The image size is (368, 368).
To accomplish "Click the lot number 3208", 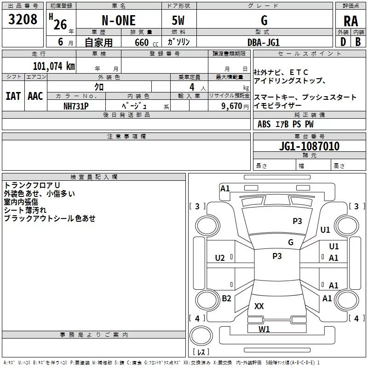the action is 23,19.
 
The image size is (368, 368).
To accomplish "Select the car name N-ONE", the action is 118,21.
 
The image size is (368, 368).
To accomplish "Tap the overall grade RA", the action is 351,21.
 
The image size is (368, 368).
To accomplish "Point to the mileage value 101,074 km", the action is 54,66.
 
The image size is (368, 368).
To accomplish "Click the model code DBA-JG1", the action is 264,42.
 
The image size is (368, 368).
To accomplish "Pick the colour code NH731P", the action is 76,106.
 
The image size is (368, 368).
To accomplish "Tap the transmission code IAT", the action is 13,96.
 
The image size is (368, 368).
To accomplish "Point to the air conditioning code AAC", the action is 35,96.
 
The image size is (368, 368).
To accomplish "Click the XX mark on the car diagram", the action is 259,306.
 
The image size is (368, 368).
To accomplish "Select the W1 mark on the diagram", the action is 264,329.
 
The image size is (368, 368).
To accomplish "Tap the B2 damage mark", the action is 226,299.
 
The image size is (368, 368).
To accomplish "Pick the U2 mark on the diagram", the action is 220,258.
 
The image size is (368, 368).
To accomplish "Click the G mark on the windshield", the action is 290,242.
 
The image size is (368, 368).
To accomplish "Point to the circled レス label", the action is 201,352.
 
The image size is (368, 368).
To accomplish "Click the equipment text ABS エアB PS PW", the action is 286,124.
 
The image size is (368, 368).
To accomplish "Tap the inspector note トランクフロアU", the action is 32,185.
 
